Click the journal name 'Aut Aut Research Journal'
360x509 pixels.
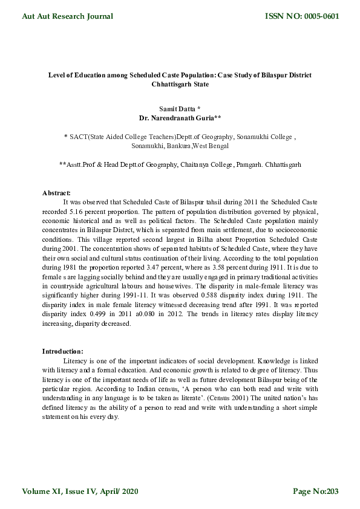point(67,16)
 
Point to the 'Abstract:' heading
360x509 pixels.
point(56,192)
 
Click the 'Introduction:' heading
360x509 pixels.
point(62,351)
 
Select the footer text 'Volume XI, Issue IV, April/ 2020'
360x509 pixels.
point(80,491)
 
